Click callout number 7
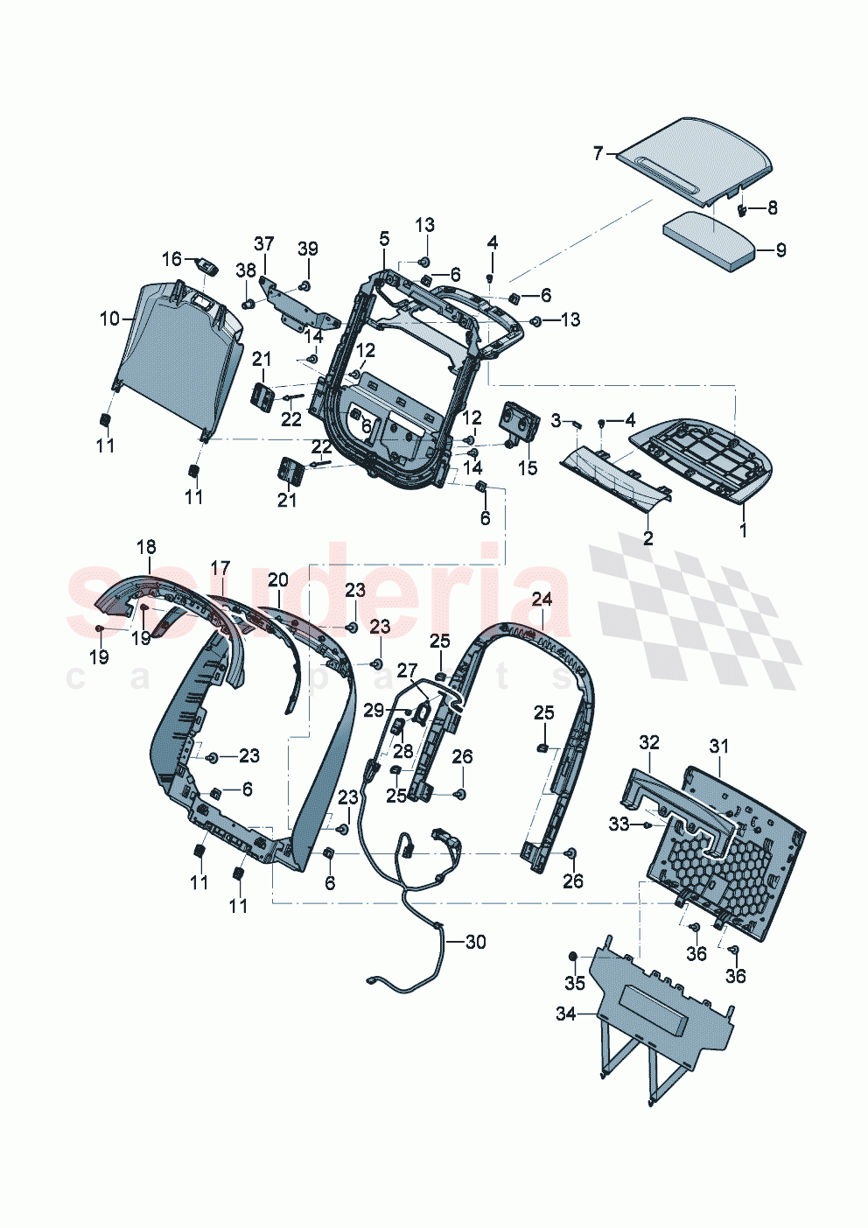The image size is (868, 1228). [x=598, y=153]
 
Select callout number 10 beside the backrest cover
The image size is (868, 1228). [x=109, y=319]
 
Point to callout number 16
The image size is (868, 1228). [x=171, y=259]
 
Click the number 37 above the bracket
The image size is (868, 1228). [x=264, y=242]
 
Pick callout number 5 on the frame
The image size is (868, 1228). [x=384, y=238]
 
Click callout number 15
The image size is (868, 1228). [x=527, y=468]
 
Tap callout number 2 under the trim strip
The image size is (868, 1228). [x=647, y=538]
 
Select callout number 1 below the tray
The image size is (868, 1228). [x=743, y=530]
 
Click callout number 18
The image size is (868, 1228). [x=146, y=547]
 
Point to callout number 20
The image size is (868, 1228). [x=277, y=579]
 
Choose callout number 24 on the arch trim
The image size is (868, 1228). [x=542, y=599]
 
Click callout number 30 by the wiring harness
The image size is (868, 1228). [x=475, y=942]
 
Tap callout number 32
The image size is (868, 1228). [x=648, y=743]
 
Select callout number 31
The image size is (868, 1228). [x=718, y=746]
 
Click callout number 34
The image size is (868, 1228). [x=566, y=1014]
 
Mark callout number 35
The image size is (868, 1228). [x=574, y=983]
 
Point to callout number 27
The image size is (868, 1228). [x=407, y=670]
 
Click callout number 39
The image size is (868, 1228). [x=307, y=249]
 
